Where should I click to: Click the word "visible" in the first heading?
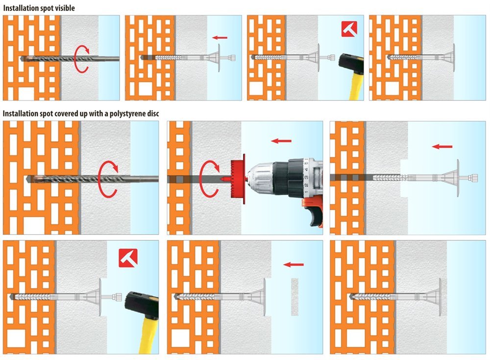pyautogui.click(x=64, y=8)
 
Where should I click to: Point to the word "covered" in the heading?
pyautogui.click(x=67, y=113)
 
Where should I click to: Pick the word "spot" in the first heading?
pyautogui.click(x=46, y=8)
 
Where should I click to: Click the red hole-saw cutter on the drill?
pyautogui.click(x=238, y=179)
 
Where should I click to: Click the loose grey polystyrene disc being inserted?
pyautogui.click(x=294, y=297)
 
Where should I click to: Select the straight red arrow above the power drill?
pyautogui.click(x=281, y=141)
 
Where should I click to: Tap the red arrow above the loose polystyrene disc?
pyautogui.click(x=293, y=264)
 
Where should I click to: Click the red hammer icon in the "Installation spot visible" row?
pyautogui.click(x=349, y=29)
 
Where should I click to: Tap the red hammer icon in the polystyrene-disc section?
pyautogui.click(x=128, y=258)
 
